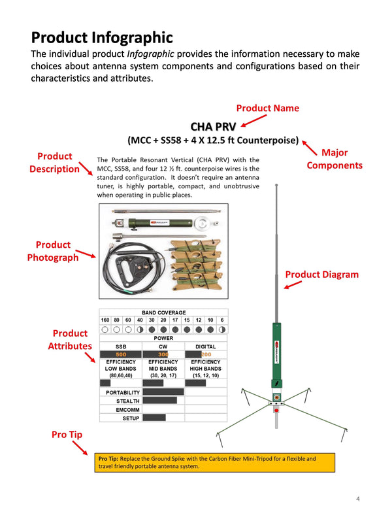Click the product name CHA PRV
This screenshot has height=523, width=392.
[x=212, y=126]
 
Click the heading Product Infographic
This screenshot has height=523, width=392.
[x=102, y=37]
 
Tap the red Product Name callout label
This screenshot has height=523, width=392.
[x=267, y=108]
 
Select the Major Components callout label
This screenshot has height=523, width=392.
[x=335, y=159]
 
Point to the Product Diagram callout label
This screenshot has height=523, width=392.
[x=322, y=275]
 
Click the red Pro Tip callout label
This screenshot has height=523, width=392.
[x=68, y=434]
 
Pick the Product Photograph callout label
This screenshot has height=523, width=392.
[x=53, y=251]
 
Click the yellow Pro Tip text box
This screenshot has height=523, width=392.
[x=215, y=463]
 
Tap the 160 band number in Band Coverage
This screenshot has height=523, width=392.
[x=105, y=320]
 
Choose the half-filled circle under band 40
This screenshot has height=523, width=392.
[x=140, y=329]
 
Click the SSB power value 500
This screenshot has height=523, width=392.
[x=121, y=354]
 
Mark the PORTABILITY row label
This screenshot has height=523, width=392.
[x=123, y=392]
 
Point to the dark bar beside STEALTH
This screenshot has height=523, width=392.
[x=159, y=400]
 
